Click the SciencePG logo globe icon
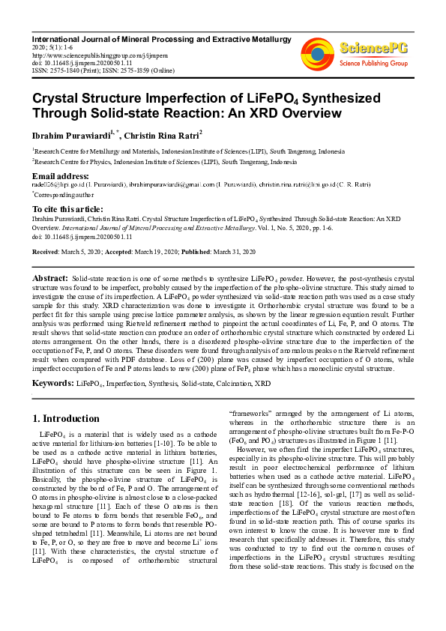pyautogui.click(x=318, y=52)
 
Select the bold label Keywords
pyautogui.click(x=52, y=383)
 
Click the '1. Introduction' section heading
pyautogui.click(x=67, y=418)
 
